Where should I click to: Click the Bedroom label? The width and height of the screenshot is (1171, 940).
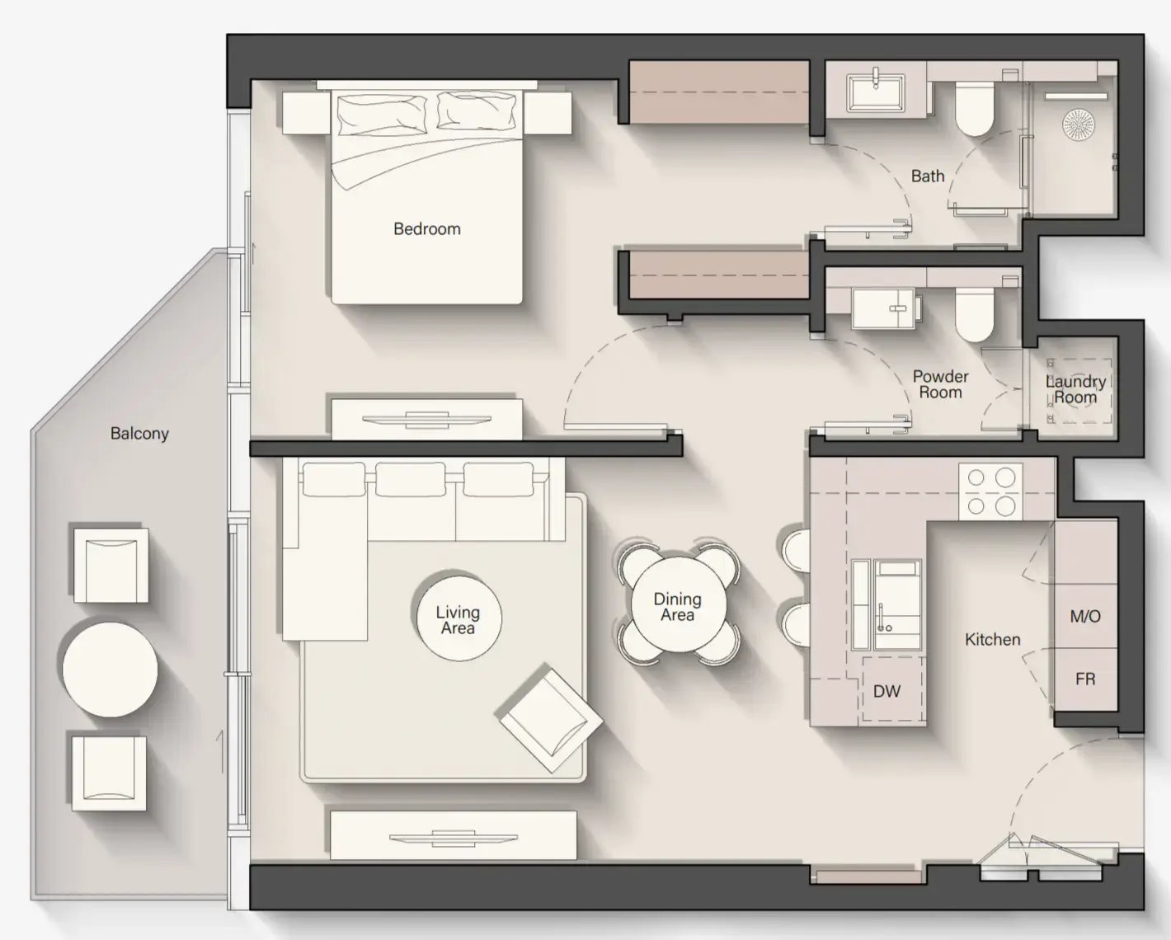click(x=426, y=229)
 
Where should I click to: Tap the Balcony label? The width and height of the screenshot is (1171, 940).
click(x=139, y=434)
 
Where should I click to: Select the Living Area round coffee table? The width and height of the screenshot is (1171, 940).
click(x=458, y=619)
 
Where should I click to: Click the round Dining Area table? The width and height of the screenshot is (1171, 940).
click(x=677, y=607)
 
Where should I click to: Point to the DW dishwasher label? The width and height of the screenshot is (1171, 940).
click(x=886, y=692)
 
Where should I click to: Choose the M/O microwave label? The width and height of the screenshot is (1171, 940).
click(x=1084, y=617)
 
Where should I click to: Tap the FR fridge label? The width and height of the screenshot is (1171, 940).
click(x=1084, y=679)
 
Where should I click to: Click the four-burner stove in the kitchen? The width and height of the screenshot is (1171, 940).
click(x=990, y=491)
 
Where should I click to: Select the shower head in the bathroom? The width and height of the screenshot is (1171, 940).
click(x=1078, y=125)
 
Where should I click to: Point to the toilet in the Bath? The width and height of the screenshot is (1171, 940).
click(x=974, y=110)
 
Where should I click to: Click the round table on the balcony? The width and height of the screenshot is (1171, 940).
click(x=110, y=670)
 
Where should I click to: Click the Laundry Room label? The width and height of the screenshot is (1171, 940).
click(x=1075, y=389)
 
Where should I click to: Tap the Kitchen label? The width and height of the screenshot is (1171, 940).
click(x=992, y=640)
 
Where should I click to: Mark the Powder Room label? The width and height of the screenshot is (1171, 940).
click(x=940, y=385)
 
